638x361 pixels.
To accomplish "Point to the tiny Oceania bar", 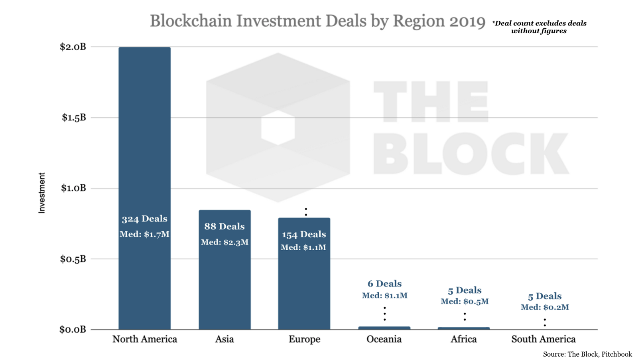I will click(x=384, y=328).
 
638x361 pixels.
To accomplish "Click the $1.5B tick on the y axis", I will click(x=74, y=118).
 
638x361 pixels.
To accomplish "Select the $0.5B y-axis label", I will click(x=73, y=259).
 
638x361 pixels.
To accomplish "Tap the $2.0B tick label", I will click(x=73, y=47).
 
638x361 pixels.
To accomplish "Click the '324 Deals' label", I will click(x=144, y=219).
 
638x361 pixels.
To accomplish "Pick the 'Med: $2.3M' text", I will click(x=224, y=242).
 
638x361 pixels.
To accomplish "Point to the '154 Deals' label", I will click(x=304, y=235).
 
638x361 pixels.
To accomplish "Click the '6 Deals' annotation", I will click(x=384, y=284).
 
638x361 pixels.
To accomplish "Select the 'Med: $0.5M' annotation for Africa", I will click(x=465, y=302).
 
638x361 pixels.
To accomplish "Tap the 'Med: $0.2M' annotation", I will click(x=545, y=307).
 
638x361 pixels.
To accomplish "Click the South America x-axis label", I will click(x=543, y=339).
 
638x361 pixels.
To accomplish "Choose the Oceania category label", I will click(x=384, y=339).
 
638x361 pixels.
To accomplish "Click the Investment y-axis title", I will click(x=42, y=193).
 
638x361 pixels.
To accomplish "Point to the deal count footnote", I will click(x=539, y=27).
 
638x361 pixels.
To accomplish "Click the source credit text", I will click(x=587, y=354).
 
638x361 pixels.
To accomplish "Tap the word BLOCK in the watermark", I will click(x=471, y=154).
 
